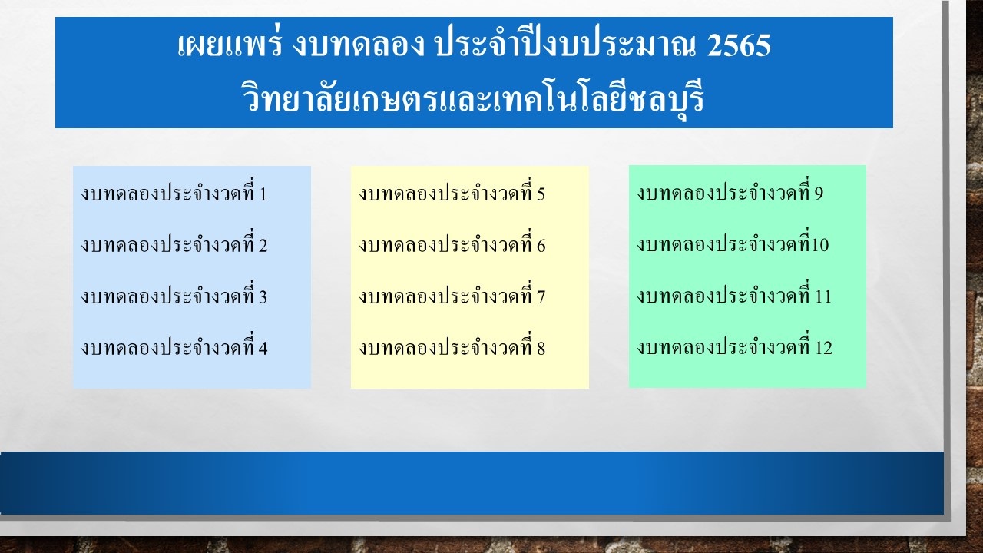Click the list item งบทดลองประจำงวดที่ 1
point(174,192)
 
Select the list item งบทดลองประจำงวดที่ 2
point(174,243)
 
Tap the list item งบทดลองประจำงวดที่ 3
point(174,295)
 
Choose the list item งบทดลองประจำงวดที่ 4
point(174,346)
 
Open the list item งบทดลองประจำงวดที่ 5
point(452,192)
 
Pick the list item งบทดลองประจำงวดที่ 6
point(452,243)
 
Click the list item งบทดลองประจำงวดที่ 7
point(452,295)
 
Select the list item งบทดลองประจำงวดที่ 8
point(452,346)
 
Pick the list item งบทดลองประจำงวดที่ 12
point(734,346)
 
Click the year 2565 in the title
point(739,45)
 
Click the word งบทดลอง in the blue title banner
point(358,45)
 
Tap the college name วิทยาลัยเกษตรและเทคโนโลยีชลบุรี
point(472,98)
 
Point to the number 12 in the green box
point(824,348)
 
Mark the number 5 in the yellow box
point(541,194)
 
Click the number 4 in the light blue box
point(263,349)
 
